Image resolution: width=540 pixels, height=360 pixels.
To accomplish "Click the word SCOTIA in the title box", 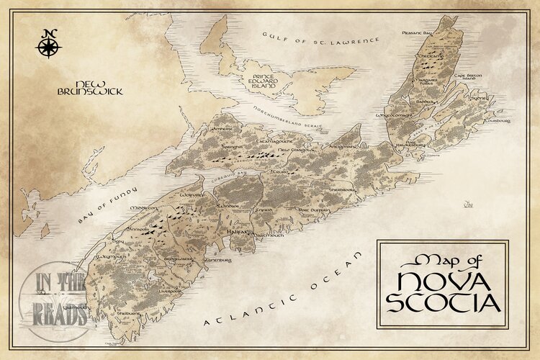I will [x=443, y=300].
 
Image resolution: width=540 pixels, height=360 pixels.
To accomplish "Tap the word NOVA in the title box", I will [x=441, y=277].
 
